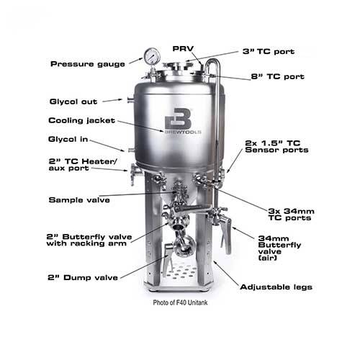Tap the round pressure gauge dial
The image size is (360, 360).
152,55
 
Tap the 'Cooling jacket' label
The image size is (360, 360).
78,120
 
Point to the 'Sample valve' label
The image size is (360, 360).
79,199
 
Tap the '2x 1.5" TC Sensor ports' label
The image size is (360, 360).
276,146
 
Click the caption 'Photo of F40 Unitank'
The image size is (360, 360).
188,302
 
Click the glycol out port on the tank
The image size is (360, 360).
130,100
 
